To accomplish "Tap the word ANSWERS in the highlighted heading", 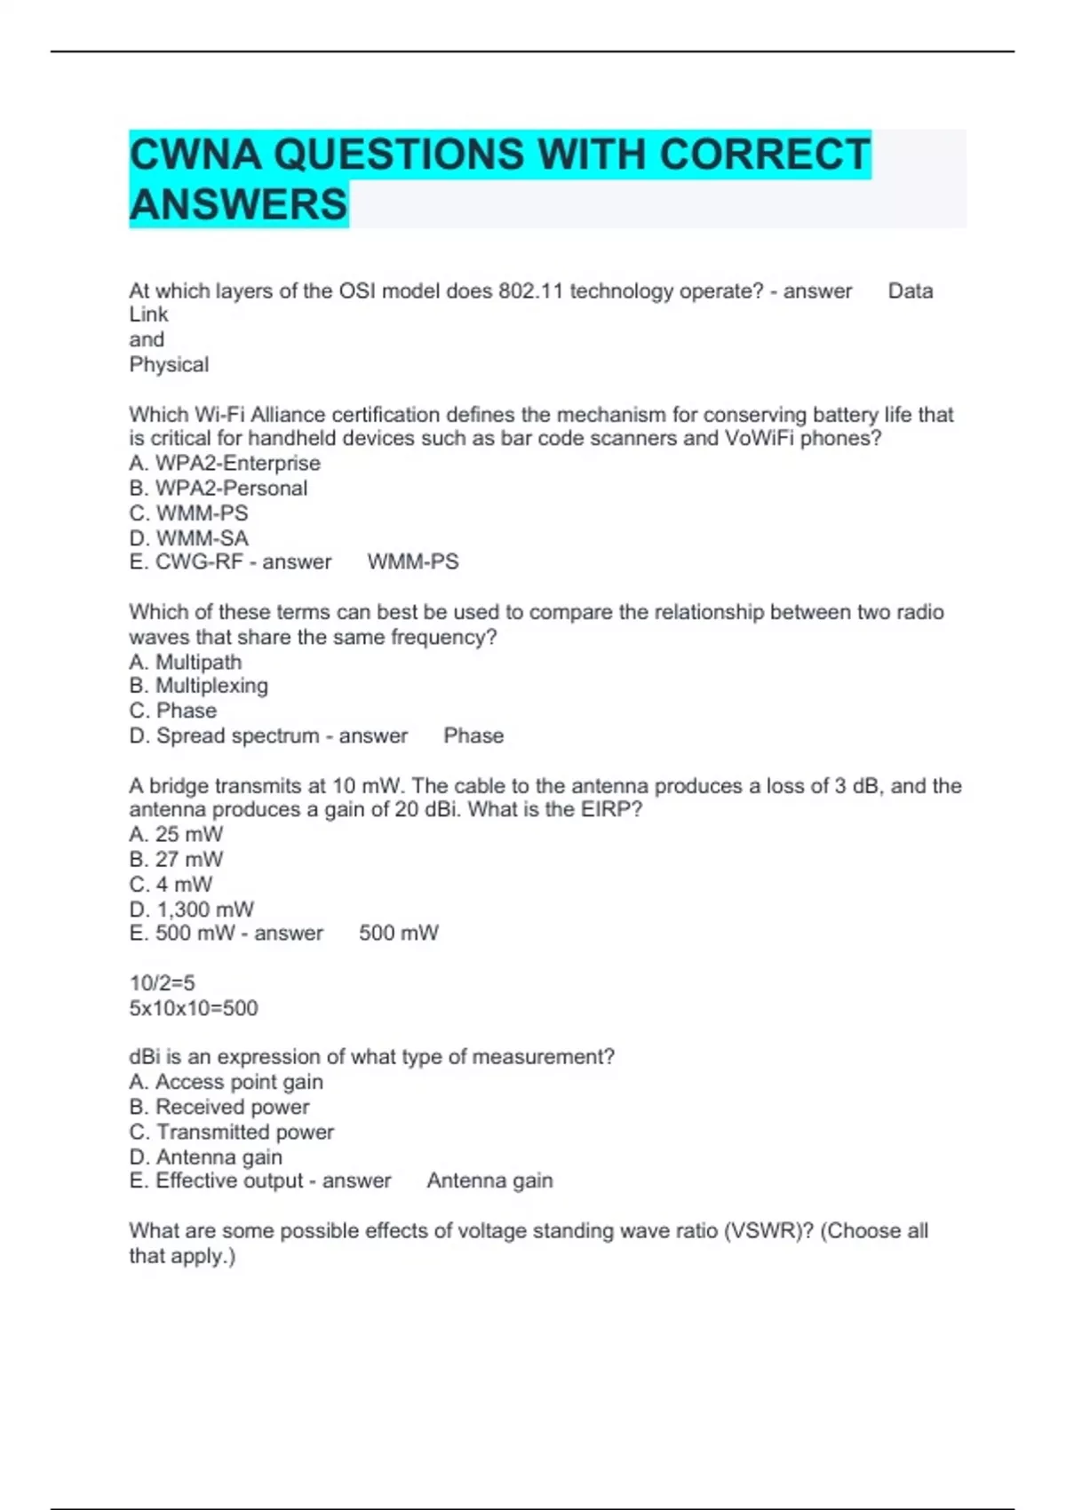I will (238, 204).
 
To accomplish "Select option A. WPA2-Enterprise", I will (225, 463).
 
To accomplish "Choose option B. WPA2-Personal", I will (219, 488).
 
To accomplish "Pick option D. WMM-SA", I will (189, 537).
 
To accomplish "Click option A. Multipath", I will (186, 662).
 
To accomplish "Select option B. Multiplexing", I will (198, 686).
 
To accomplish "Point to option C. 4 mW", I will (171, 884).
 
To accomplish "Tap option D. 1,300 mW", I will (192, 909).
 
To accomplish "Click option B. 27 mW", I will (177, 859).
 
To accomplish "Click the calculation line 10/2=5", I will (162, 982).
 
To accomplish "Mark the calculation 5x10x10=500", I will (194, 1007).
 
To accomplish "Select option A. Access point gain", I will (227, 1082).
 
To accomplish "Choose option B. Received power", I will (219, 1107).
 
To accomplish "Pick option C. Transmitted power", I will (232, 1132).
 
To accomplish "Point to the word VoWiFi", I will (759, 438).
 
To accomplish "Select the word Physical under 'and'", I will (169, 364).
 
